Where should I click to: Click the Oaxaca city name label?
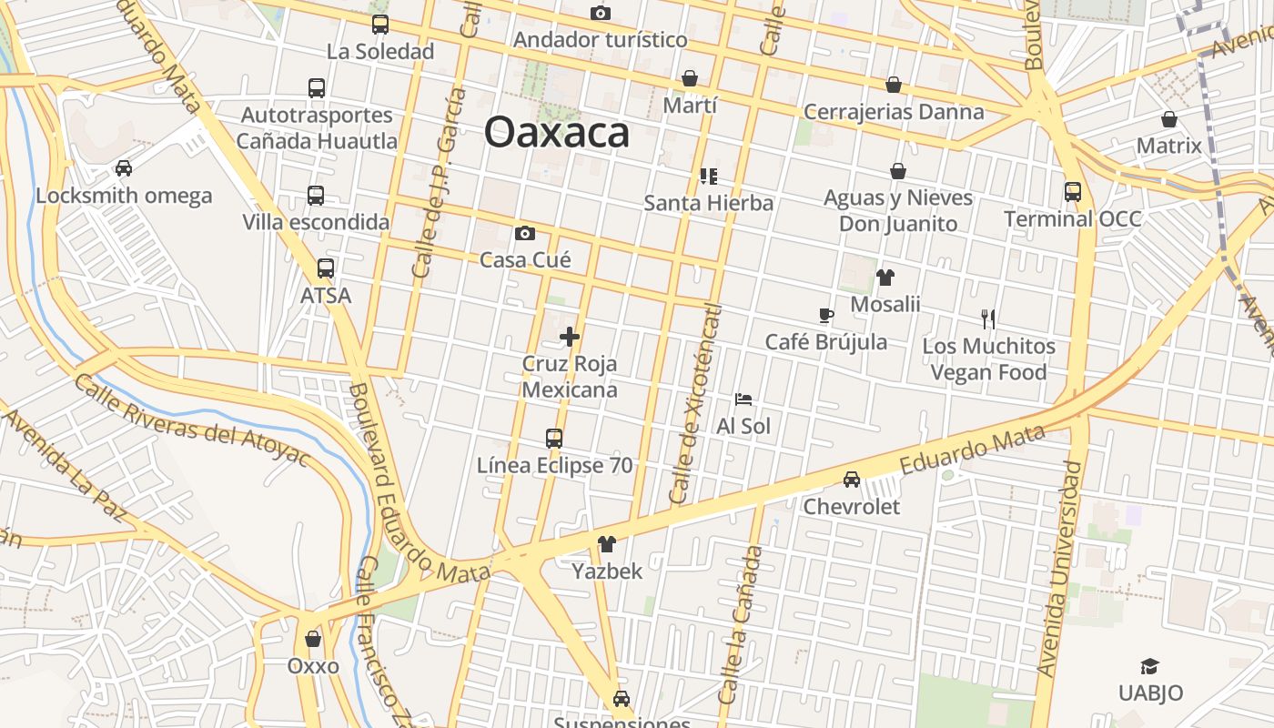(556, 132)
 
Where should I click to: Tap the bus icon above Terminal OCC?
(1073, 192)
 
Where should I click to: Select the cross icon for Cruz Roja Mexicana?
(570, 337)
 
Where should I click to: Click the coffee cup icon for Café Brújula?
(825, 316)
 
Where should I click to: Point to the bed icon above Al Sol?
(743, 399)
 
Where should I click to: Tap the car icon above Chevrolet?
(852, 480)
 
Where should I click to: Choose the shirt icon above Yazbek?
(606, 544)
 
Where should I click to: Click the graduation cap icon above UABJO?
(1150, 667)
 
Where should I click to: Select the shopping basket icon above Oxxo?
(313, 639)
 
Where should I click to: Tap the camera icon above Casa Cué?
(525, 234)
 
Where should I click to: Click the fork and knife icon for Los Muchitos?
(988, 318)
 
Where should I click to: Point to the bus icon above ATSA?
(326, 268)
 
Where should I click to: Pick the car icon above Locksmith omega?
(124, 168)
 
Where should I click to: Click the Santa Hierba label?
(708, 202)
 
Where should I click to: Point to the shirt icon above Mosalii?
(885, 278)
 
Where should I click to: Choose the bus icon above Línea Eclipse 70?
(554, 439)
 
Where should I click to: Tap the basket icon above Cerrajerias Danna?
(894, 85)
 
